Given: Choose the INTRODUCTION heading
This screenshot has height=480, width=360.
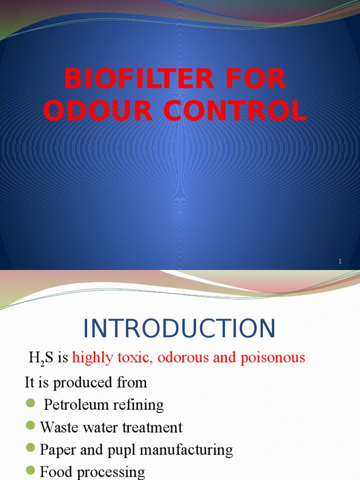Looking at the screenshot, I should coord(180,329).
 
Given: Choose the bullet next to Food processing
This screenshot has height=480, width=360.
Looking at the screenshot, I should coord(31,470).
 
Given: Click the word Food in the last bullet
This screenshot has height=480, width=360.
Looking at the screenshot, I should coord(54,472).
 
